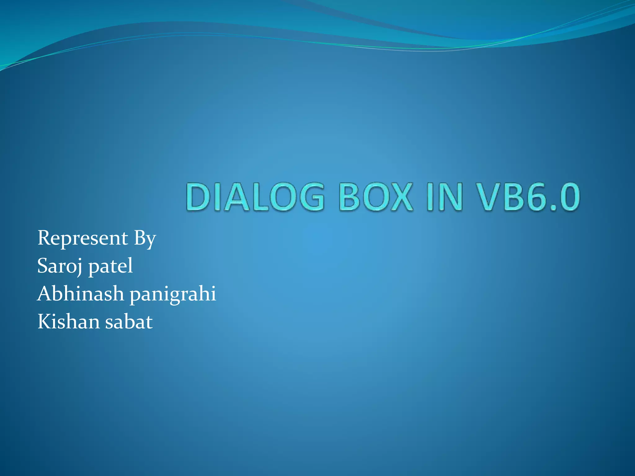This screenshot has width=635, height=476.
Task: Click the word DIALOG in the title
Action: point(255,197)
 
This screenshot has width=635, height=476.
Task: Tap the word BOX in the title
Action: point(376,197)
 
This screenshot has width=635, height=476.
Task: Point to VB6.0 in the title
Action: point(529,197)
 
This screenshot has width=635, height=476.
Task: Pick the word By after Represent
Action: point(145,239)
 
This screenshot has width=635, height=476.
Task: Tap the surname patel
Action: point(111,267)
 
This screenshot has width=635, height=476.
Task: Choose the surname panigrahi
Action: point(173,294)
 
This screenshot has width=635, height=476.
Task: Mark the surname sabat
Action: point(129,322)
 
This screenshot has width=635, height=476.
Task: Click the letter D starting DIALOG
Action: point(199,197)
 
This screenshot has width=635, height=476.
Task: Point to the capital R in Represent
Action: point(44,238)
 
